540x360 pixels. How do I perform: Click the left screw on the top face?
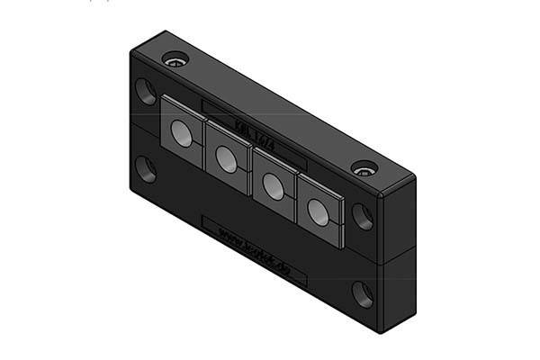coord(175,60)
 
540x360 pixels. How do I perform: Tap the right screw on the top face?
coord(363,168)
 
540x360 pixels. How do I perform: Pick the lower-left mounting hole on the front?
coord(146,168)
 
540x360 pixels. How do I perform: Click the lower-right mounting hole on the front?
coord(363,293)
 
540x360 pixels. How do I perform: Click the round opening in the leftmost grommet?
coord(182,134)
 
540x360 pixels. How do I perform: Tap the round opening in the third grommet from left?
coord(272,185)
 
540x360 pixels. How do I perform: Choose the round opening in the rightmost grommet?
coord(317,211)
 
